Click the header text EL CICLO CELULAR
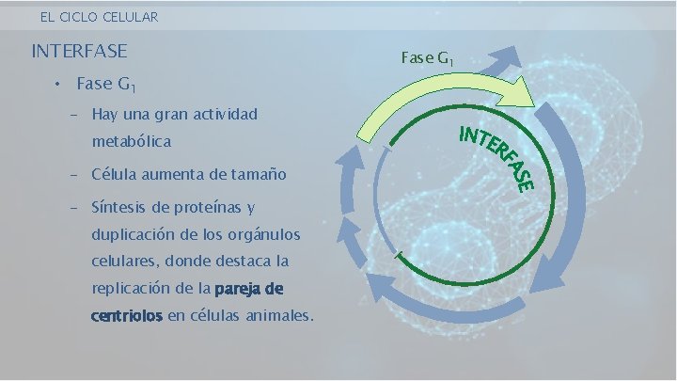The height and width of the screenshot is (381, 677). coord(99,17)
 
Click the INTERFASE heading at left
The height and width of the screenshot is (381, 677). coord(79,51)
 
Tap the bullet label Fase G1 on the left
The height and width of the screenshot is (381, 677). coord(107,85)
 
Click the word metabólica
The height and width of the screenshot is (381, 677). coord(131,142)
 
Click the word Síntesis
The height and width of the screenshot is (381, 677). coord(118,207)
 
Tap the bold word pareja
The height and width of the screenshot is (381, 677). coord(237,288)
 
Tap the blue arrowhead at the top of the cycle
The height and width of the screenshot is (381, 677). coord(508,56)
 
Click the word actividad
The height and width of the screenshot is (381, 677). coord(222,115)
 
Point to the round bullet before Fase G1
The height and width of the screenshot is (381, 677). coord(57,85)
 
